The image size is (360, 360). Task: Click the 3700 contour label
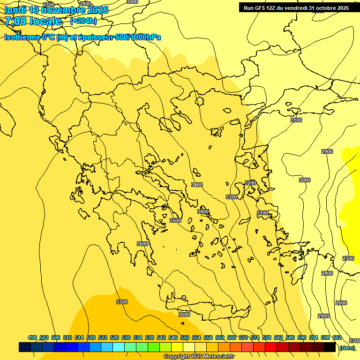pos(121,302)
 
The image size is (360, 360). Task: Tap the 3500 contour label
pos(175,220)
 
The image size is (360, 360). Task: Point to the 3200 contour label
pos(250,183)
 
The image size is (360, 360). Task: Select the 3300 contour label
pos(232,197)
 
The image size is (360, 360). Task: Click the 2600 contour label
pos(341,303)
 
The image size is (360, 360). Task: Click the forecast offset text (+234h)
pos(83,21)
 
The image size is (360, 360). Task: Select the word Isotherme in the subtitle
pos(22,37)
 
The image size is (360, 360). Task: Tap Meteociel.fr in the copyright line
pos(217,357)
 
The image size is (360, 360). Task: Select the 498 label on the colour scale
pos(32,338)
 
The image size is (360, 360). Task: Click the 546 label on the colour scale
pos(173,338)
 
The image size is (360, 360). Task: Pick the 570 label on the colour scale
pos(243,338)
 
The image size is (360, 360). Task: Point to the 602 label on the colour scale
pos(337,338)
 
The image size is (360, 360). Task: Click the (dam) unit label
pos(347,347)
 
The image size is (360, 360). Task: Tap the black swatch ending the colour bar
pos(330,347)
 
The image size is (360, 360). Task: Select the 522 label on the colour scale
pos(103,338)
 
